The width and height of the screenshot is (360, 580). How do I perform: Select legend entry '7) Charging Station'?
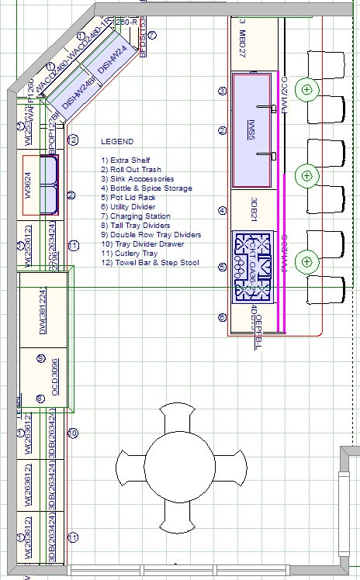(x=136, y=216)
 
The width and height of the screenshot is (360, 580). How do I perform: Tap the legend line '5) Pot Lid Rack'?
(x=128, y=198)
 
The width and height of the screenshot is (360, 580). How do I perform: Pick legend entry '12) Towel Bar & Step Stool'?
(x=150, y=263)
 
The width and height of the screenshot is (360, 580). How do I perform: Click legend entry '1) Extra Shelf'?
(x=126, y=160)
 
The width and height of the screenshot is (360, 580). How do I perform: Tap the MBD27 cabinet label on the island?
(x=242, y=39)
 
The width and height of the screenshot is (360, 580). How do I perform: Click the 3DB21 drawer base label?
(x=254, y=209)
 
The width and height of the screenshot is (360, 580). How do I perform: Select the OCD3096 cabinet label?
(x=56, y=380)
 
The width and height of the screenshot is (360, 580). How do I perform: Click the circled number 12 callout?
(x=72, y=140)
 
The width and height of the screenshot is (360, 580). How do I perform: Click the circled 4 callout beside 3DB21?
(x=223, y=209)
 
